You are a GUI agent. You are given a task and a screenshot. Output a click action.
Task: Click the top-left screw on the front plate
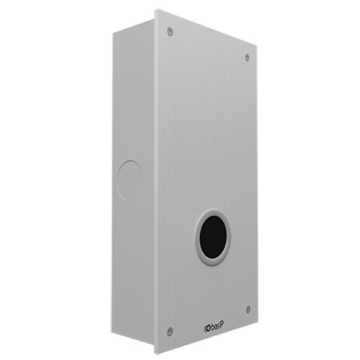[x=170, y=31]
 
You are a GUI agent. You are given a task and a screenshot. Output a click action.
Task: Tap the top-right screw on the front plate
[x=246, y=57]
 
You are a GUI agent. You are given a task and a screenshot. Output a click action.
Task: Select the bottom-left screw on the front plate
[x=170, y=330]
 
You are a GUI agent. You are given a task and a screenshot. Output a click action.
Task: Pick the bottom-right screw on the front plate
[x=247, y=310]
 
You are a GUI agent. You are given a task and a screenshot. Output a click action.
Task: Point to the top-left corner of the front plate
[x=155, y=10]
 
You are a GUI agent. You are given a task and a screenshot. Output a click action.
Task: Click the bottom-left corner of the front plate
[x=157, y=353]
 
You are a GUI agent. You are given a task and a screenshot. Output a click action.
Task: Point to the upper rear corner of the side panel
[x=114, y=30]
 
